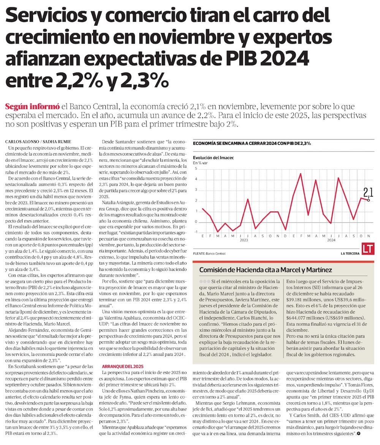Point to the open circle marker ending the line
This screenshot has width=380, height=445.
tap(368, 200)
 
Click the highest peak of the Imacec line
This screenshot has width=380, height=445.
tap(301, 174)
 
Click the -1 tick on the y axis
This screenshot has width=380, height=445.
tap(195, 232)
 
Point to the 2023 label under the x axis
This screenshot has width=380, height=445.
tap(244, 240)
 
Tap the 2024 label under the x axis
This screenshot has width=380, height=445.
tap(331, 240)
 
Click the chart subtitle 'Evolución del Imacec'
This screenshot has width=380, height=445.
tap(213, 158)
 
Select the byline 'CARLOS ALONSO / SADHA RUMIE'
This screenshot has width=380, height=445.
tap(38, 142)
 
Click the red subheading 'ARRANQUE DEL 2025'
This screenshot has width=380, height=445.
tap(122, 366)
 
